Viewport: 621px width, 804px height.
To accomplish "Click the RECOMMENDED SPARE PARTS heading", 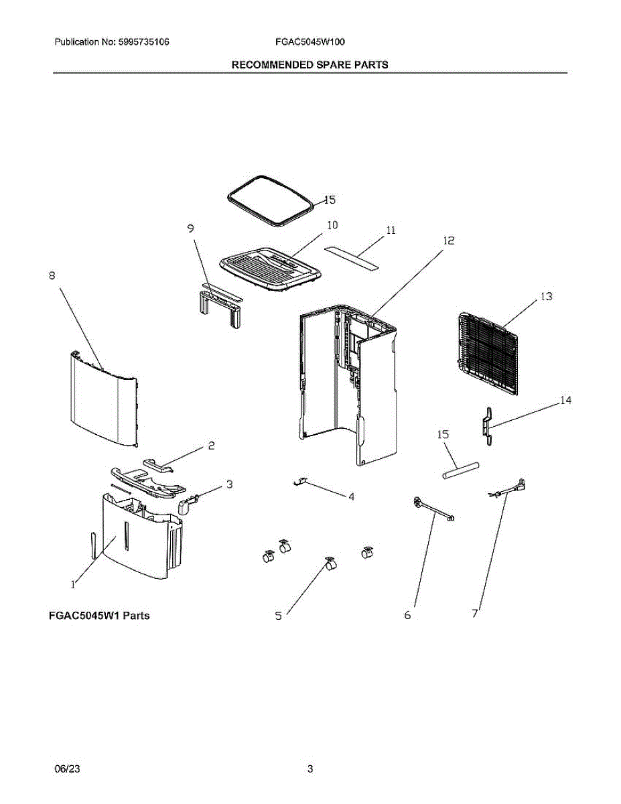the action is (309, 65).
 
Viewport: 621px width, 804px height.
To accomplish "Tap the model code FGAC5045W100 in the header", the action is (309, 42).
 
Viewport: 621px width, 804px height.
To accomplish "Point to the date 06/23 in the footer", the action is (65, 770).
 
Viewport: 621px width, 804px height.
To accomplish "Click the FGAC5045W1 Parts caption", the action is (99, 616).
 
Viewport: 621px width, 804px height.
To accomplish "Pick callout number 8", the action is (52, 275).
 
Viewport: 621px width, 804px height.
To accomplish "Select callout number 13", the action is (547, 296).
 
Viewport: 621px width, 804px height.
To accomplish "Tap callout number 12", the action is (449, 241).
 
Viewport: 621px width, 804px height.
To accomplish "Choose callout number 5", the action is (279, 616).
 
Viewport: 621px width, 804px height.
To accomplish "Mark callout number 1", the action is (73, 584).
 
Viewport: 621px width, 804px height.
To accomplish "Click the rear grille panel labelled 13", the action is (488, 354).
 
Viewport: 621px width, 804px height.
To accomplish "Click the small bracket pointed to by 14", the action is (488, 425).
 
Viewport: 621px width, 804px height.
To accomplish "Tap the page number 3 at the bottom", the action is (310, 770).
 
